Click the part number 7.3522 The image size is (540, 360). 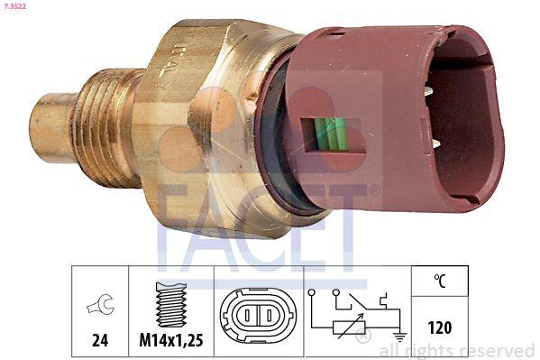coord(16,8)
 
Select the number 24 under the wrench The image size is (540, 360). coord(101,340)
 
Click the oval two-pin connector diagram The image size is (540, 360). coord(258,317)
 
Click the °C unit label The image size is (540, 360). coord(439,281)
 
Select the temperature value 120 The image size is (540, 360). coord(440,327)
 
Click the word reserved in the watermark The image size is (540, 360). coord(498,351)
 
